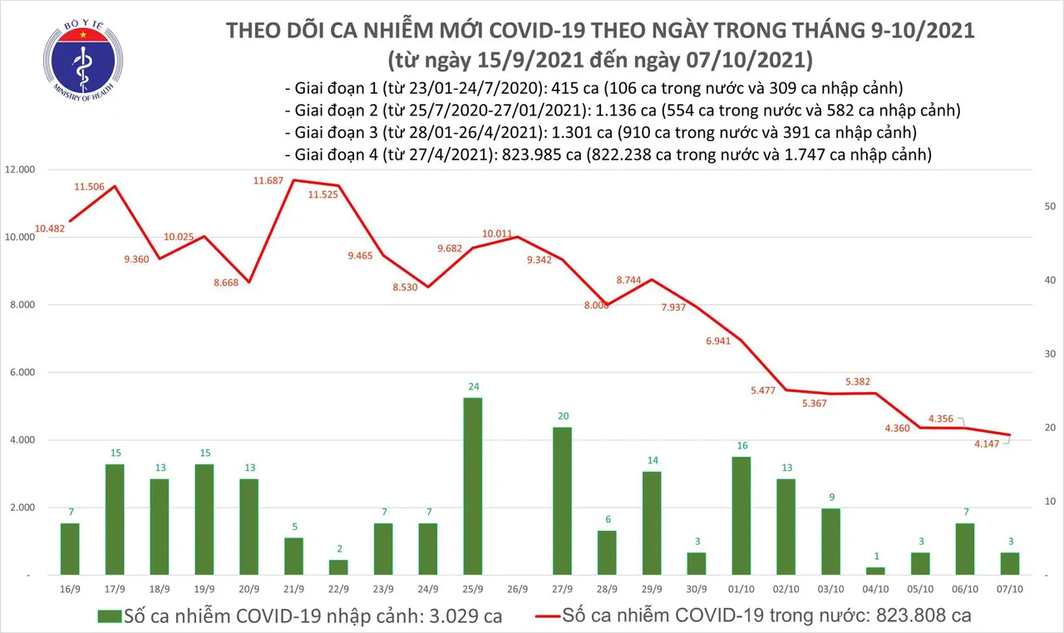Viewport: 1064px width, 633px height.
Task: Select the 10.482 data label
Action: pos(52,228)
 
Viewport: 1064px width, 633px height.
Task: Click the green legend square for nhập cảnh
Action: pos(109,616)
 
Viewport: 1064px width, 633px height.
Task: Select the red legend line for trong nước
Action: pos(532,616)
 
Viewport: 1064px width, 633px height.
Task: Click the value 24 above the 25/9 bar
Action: pos(472,387)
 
